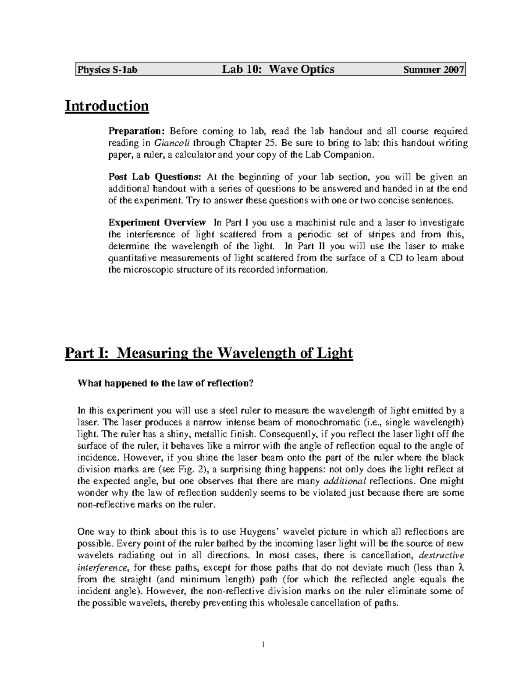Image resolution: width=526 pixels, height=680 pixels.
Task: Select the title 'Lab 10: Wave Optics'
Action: coord(278,69)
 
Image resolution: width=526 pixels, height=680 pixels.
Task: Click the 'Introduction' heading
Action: coord(107,106)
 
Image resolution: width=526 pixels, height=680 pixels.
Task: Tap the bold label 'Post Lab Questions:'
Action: coord(155,177)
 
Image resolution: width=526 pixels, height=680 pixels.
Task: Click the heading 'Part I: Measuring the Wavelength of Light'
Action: coord(209,352)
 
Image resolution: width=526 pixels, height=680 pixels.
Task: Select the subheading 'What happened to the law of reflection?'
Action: coord(166,383)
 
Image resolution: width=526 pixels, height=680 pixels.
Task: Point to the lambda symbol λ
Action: coord(460,567)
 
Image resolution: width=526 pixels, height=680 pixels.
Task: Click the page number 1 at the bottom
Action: coord(263,645)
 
